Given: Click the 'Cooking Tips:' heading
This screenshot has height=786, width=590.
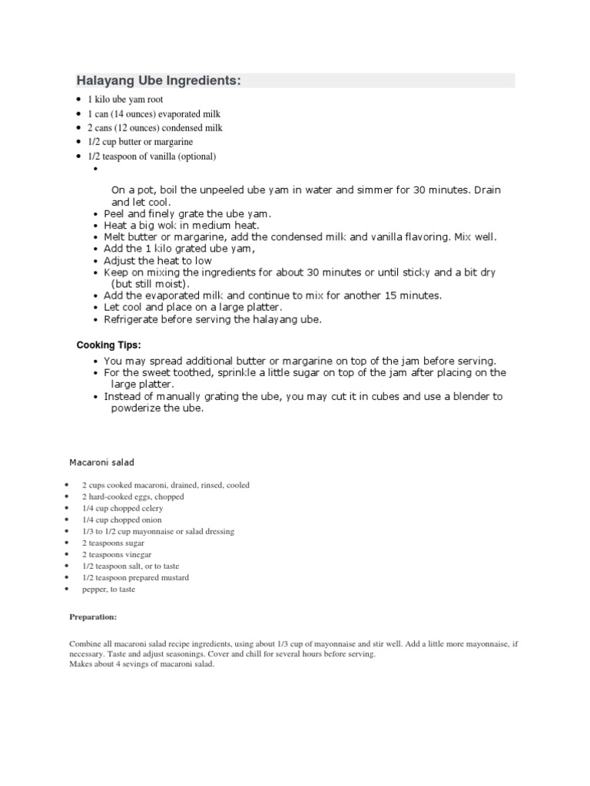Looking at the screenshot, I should point(108,345).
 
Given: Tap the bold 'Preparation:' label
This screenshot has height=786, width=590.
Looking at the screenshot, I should point(93,616).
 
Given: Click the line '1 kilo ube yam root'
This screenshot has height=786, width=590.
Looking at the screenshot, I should point(125,100).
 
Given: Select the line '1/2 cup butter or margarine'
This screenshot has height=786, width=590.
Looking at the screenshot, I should point(140,142).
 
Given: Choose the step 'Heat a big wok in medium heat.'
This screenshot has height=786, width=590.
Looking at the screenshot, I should point(181,226).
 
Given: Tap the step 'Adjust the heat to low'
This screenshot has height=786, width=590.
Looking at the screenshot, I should point(157,261).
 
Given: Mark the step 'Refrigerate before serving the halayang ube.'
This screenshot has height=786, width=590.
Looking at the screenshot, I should point(213,319).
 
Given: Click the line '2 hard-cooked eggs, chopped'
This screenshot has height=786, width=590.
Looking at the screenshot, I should point(133,497).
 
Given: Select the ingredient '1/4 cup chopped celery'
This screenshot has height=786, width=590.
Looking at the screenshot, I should point(122,508).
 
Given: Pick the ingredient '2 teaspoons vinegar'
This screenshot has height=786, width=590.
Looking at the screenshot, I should point(117,554).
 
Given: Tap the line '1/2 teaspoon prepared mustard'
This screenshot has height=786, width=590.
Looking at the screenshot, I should point(135,577).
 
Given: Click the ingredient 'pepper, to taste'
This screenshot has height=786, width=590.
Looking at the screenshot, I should point(108,589).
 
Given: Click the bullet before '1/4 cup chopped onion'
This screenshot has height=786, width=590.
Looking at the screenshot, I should point(69,520).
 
